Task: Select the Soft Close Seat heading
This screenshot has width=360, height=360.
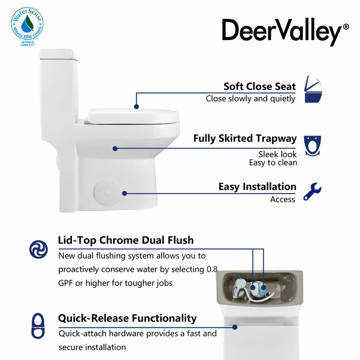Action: (x=260, y=86)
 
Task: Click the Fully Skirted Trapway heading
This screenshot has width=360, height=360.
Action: (x=245, y=138)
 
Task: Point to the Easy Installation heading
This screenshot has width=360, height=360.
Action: (x=257, y=186)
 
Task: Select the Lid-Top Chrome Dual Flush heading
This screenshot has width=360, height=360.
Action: (x=126, y=240)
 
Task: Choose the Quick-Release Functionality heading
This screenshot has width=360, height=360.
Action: (x=127, y=318)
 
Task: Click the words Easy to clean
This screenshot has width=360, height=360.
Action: (x=273, y=163)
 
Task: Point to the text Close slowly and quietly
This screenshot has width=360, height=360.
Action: (x=251, y=99)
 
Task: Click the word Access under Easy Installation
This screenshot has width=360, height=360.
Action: (x=283, y=199)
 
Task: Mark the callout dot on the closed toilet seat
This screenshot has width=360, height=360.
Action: (x=135, y=107)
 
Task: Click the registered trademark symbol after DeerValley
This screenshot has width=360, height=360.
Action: (x=345, y=27)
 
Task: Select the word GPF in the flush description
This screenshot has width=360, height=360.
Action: (x=67, y=283)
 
